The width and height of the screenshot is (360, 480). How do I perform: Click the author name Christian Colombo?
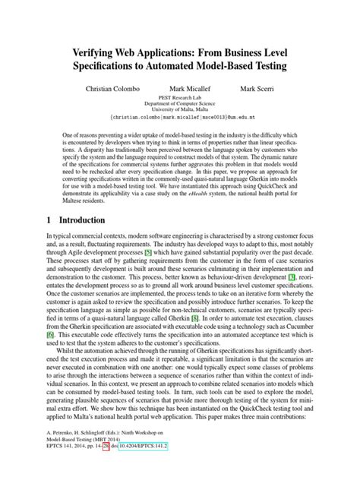tap(113, 90)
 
